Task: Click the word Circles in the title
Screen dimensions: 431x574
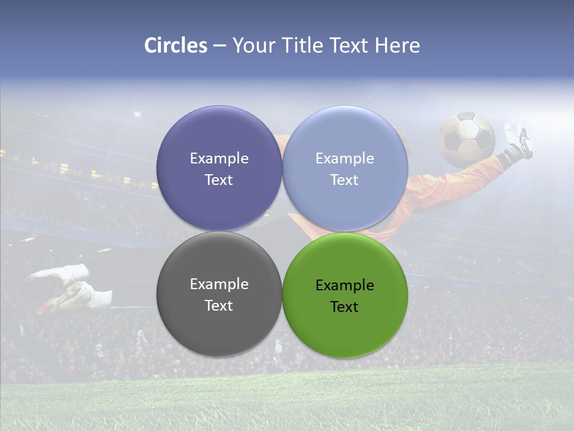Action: click(x=176, y=45)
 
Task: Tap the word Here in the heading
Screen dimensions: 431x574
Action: click(x=397, y=45)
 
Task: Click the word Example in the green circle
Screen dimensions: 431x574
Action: click(x=345, y=286)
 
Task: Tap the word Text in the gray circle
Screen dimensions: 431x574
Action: click(x=219, y=306)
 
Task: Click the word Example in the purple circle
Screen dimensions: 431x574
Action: click(x=219, y=159)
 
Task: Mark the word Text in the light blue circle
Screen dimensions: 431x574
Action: click(x=345, y=180)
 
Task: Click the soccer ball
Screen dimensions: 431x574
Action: click(x=466, y=139)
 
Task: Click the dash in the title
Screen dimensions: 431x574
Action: click(x=219, y=46)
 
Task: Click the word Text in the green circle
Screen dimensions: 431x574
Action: click(x=345, y=307)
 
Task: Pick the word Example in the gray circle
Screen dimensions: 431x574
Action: click(x=219, y=284)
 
